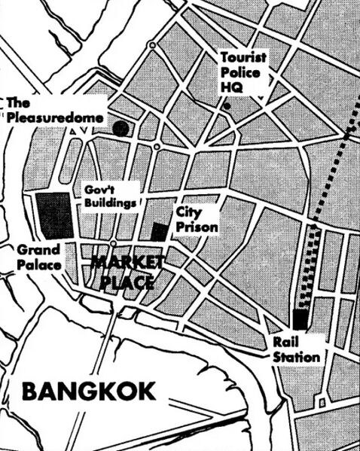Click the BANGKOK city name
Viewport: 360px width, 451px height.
89,392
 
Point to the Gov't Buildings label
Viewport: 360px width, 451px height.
110,196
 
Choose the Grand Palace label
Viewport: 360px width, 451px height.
38,256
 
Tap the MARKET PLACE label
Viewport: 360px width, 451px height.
127,273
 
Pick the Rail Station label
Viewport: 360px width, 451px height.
296,349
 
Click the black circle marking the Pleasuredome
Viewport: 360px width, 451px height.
121,128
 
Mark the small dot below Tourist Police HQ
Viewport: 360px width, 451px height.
227,106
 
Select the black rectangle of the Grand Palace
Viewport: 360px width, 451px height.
53,216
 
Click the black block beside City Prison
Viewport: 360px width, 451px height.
160,231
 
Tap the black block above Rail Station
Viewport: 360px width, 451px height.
301,319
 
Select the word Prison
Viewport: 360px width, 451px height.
197,227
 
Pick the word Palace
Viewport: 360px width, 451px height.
39,264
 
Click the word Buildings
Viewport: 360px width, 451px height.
110,203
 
